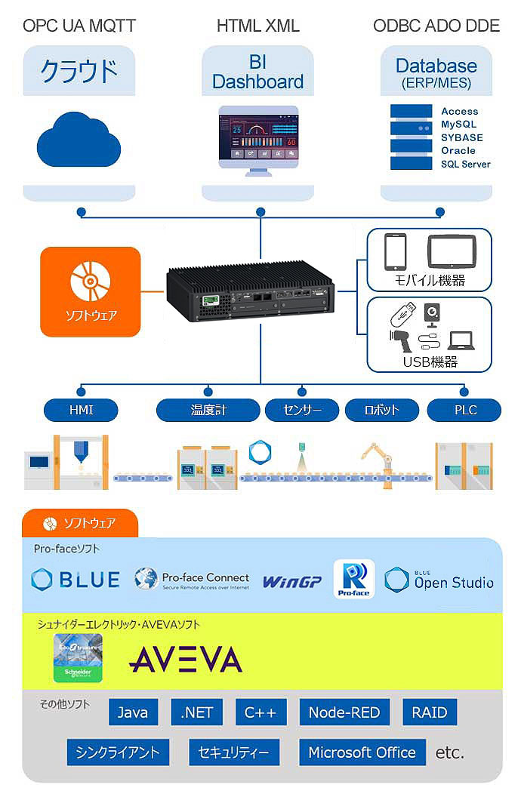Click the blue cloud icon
[x=79, y=140]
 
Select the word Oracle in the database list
[x=458, y=151]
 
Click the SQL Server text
[x=465, y=165]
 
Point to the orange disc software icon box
[x=91, y=291]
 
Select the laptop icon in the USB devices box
[x=461, y=340]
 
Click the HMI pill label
[x=81, y=411]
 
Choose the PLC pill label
[x=464, y=411]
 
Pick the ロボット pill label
[x=382, y=411]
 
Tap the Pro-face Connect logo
[x=192, y=580]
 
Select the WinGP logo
[x=291, y=581]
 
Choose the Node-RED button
[x=344, y=712]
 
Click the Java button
[x=134, y=712]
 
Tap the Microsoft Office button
[x=362, y=752]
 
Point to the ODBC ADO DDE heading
[x=436, y=26]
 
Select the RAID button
[x=430, y=712]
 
